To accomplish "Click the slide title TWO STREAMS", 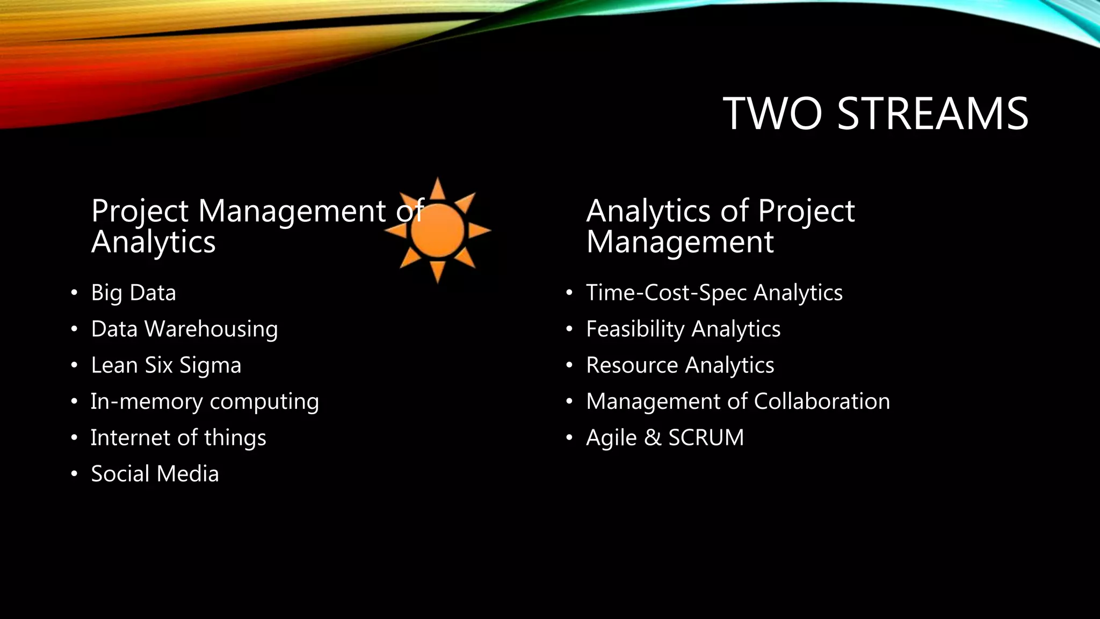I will click(875, 113).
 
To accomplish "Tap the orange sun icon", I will click(437, 231).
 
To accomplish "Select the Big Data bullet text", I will click(133, 293).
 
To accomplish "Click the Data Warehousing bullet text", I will click(184, 329).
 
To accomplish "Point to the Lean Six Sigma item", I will click(166, 365).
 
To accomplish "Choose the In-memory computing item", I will click(205, 401).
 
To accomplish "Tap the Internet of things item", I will click(178, 437).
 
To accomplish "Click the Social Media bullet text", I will click(155, 474).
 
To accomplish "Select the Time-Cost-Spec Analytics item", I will click(714, 293).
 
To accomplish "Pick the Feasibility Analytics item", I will click(683, 329).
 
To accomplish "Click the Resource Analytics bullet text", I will click(680, 365).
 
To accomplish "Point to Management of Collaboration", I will click(737, 401).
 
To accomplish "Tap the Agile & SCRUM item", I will click(665, 437).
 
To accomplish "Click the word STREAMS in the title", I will click(932, 113).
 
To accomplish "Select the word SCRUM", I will click(706, 437).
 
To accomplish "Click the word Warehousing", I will click(211, 329).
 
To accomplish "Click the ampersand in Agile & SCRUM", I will click(653, 437).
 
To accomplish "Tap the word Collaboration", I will click(822, 401).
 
